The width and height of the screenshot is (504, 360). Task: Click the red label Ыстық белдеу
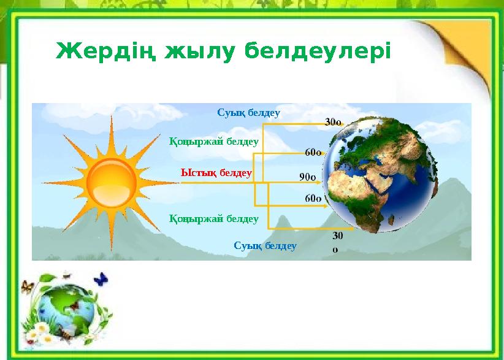tap(216, 173)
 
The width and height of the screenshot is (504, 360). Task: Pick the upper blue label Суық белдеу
tap(248, 113)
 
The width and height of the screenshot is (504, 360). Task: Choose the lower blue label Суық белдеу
tap(265, 246)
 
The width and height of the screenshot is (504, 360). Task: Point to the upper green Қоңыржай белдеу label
tap(213, 141)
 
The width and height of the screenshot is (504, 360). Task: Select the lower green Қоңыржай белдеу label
tap(213, 218)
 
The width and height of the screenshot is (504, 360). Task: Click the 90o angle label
tap(308, 177)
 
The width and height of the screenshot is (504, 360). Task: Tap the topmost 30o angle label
tap(333, 121)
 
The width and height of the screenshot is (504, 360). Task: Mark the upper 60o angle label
tap(313, 151)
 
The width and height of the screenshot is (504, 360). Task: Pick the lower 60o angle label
tap(313, 198)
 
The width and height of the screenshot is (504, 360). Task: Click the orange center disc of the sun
tap(111, 183)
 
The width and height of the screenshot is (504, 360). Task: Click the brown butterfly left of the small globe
tap(26, 286)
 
